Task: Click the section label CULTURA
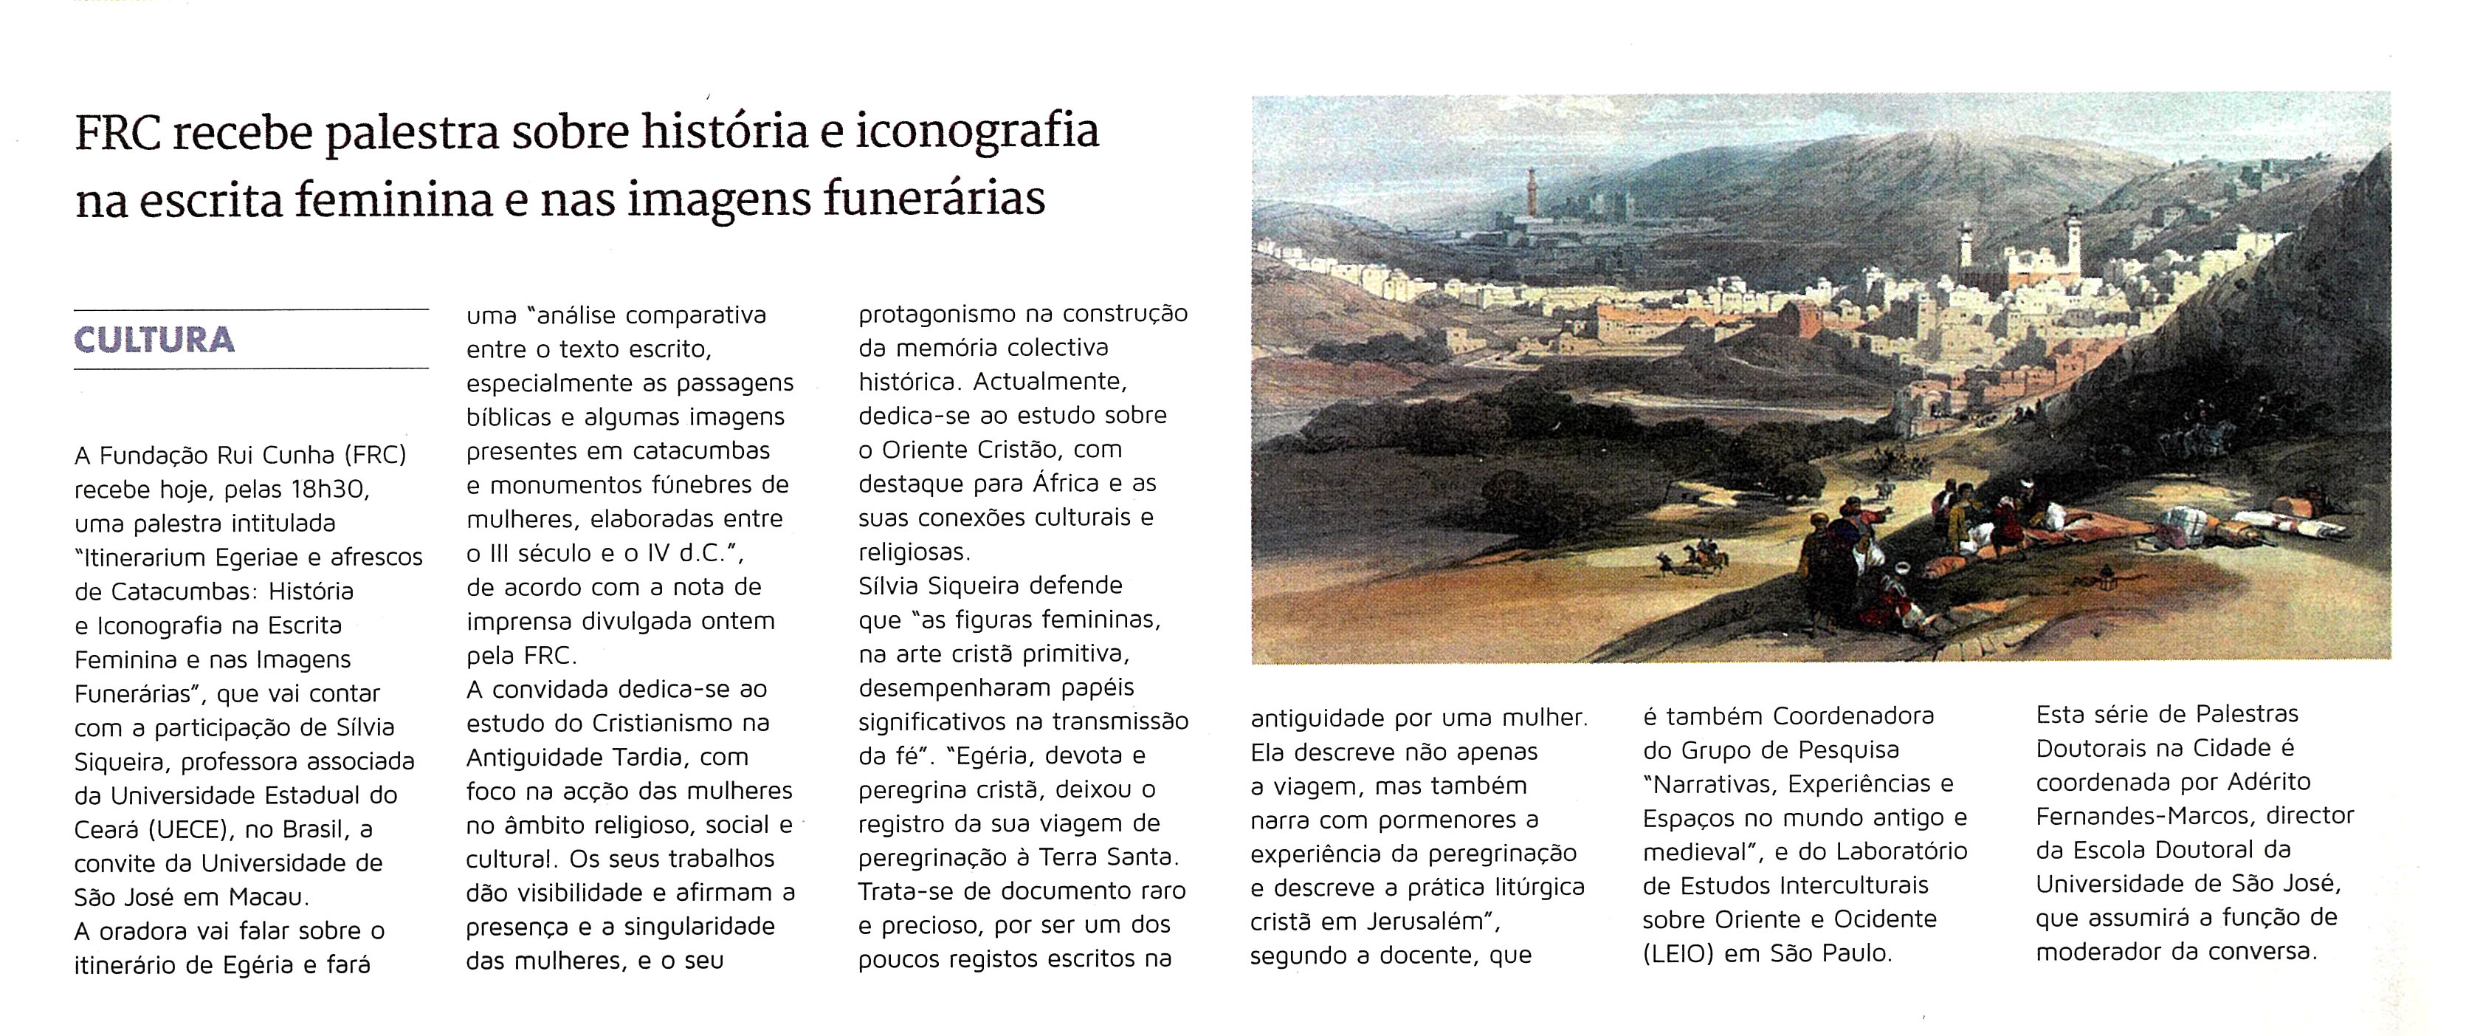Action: (154, 340)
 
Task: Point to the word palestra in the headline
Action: (413, 132)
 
